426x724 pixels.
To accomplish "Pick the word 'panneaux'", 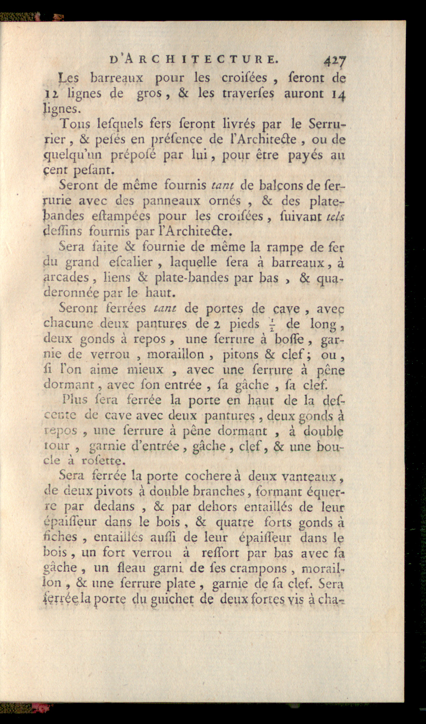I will (171, 201).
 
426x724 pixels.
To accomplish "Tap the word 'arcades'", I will (66, 278).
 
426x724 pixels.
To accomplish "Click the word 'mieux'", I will (145, 370).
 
